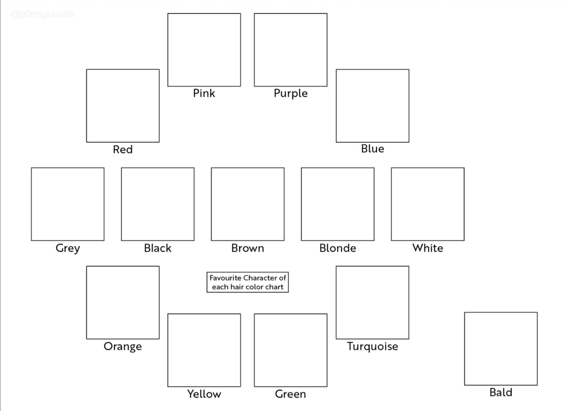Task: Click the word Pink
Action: pos(204,93)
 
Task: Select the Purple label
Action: pos(291,94)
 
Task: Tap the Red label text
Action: pos(123,149)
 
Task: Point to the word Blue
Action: pos(373,148)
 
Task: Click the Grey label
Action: pos(68,248)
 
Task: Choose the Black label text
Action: pos(158,248)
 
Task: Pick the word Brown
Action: pos(248,248)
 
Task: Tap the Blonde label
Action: pos(337,248)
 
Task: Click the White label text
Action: pos(427,248)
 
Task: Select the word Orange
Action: pos(123,347)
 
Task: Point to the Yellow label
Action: pos(204,394)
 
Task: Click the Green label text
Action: pos(290,394)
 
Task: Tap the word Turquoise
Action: pos(373,347)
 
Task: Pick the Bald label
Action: pos(501,393)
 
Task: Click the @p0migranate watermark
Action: pos(43,14)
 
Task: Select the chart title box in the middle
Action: pos(248,282)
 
